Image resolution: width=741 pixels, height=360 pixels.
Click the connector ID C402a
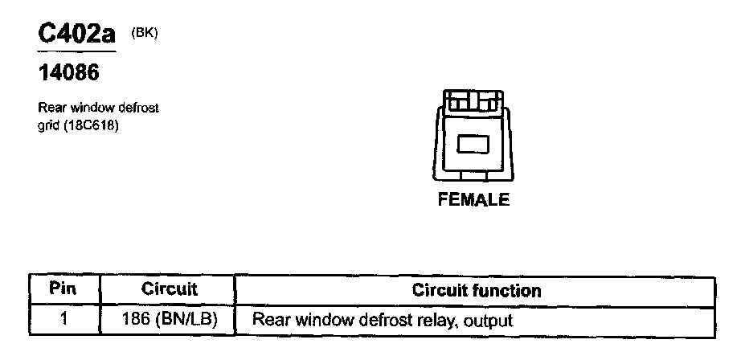click(x=76, y=35)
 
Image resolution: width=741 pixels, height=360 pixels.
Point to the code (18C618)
click(x=92, y=125)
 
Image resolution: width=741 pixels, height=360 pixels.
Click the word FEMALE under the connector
click(x=473, y=200)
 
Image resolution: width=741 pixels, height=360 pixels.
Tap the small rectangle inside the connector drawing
click(x=473, y=144)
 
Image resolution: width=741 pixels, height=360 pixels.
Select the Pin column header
click(x=63, y=288)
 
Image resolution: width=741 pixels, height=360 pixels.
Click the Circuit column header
click(x=169, y=288)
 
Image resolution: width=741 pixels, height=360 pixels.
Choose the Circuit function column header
click(x=477, y=289)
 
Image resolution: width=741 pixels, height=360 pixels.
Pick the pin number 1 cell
click(x=63, y=319)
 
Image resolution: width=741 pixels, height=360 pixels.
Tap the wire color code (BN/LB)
click(x=188, y=319)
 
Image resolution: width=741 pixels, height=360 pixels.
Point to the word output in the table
click(x=488, y=320)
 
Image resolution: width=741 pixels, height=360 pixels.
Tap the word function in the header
click(x=511, y=289)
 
